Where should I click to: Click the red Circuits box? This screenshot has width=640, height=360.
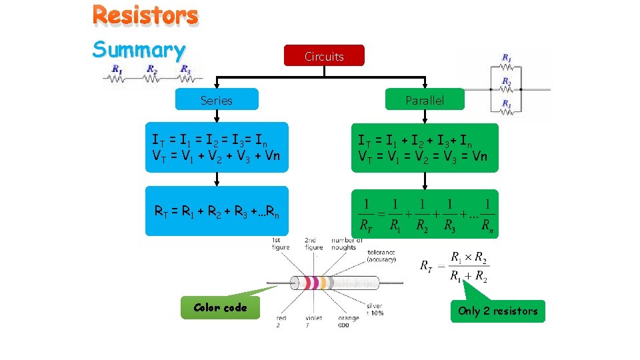point(324,56)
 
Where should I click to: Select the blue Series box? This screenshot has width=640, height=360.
point(216,100)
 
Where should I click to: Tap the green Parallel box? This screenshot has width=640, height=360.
point(424,100)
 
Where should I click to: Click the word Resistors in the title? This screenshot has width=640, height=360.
point(145,15)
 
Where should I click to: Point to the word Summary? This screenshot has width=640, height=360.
point(139,49)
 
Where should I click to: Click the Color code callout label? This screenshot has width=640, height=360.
point(219,307)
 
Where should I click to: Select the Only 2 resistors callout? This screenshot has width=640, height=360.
point(497,311)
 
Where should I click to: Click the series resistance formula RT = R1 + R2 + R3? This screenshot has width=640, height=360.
point(217,212)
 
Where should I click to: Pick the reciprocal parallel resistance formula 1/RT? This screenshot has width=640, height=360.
point(425,214)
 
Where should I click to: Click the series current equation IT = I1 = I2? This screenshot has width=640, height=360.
point(210,141)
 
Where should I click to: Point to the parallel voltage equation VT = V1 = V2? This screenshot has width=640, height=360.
point(423,157)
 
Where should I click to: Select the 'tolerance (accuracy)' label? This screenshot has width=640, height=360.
point(381,256)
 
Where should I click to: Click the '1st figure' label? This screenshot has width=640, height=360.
point(281,243)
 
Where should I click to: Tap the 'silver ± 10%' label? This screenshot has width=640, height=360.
point(374,309)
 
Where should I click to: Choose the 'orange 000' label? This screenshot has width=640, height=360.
point(348,321)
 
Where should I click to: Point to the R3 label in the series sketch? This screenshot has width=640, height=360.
point(186,69)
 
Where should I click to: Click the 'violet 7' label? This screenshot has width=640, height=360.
point(313,321)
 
